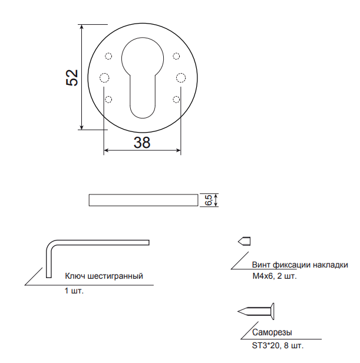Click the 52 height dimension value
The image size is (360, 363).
tap(72, 78)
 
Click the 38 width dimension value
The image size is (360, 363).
tap(142, 143)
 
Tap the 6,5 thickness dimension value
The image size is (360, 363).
tap(209, 200)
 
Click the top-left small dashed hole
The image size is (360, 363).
tap(108, 56)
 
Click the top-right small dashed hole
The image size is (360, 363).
tap(176, 56)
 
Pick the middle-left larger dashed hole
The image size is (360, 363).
tap(104, 78)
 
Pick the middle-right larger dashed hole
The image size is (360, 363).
tap(180, 78)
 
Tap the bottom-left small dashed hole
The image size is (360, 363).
tap(108, 100)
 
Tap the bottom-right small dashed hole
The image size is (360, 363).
tap(176, 100)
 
